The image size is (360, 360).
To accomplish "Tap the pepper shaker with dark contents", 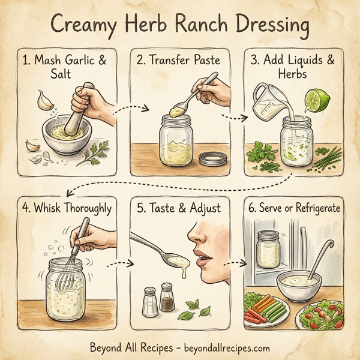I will pyautogui.click(x=167, y=301).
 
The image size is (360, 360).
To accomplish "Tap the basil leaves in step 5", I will pyautogui.click(x=196, y=308).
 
